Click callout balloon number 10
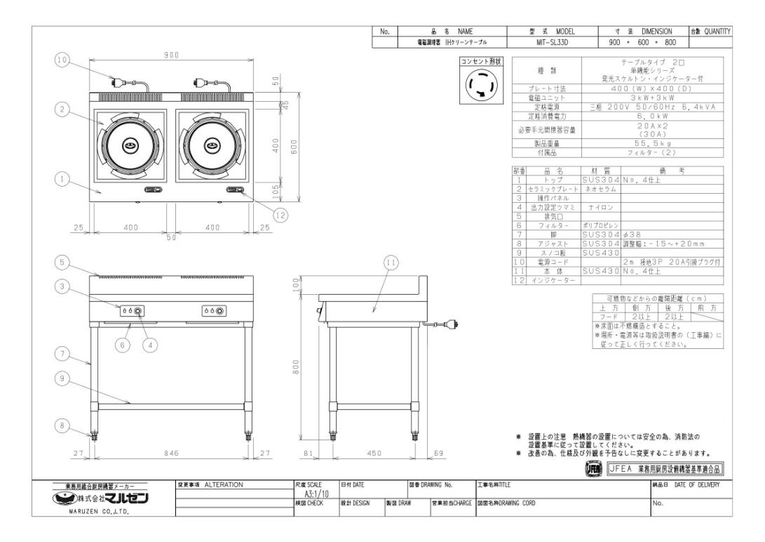63,60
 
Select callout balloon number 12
280,216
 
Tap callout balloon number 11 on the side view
391,263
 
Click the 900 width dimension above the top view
172,55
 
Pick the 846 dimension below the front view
172,454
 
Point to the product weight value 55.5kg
633,143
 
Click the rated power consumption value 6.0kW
633,116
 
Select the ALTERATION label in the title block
224,484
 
